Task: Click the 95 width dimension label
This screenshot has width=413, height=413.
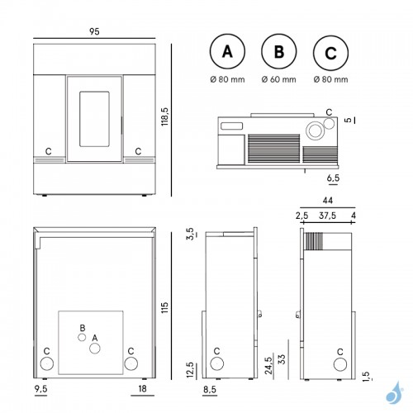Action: click(x=94, y=31)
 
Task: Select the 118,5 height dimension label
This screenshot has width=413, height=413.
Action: click(x=165, y=116)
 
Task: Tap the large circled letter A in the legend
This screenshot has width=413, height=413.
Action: click(x=227, y=51)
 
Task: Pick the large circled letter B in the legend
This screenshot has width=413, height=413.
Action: click(x=279, y=51)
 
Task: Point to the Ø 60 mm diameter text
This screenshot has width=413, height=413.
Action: click(x=279, y=79)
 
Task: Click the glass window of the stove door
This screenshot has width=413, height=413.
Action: click(x=94, y=119)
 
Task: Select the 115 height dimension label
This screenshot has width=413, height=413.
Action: click(x=164, y=308)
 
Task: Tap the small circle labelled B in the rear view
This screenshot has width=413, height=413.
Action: click(x=82, y=337)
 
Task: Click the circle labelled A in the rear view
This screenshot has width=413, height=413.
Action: click(x=95, y=349)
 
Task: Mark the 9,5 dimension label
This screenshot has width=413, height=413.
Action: click(x=41, y=389)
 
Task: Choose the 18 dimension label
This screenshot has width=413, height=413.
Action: click(x=142, y=389)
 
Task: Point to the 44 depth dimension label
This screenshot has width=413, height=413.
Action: click(x=328, y=201)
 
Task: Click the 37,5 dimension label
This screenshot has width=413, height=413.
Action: click(x=327, y=216)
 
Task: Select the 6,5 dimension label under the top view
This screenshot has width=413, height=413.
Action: click(x=333, y=178)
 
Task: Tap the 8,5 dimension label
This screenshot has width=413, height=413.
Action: click(x=210, y=390)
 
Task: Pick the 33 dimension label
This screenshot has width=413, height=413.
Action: click(x=282, y=359)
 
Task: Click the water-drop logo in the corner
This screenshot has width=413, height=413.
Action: click(x=395, y=392)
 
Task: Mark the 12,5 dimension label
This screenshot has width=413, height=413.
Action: click(x=190, y=370)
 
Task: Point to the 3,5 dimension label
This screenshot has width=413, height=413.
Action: click(x=191, y=234)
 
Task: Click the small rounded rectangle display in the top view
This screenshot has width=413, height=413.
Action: click(x=231, y=126)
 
